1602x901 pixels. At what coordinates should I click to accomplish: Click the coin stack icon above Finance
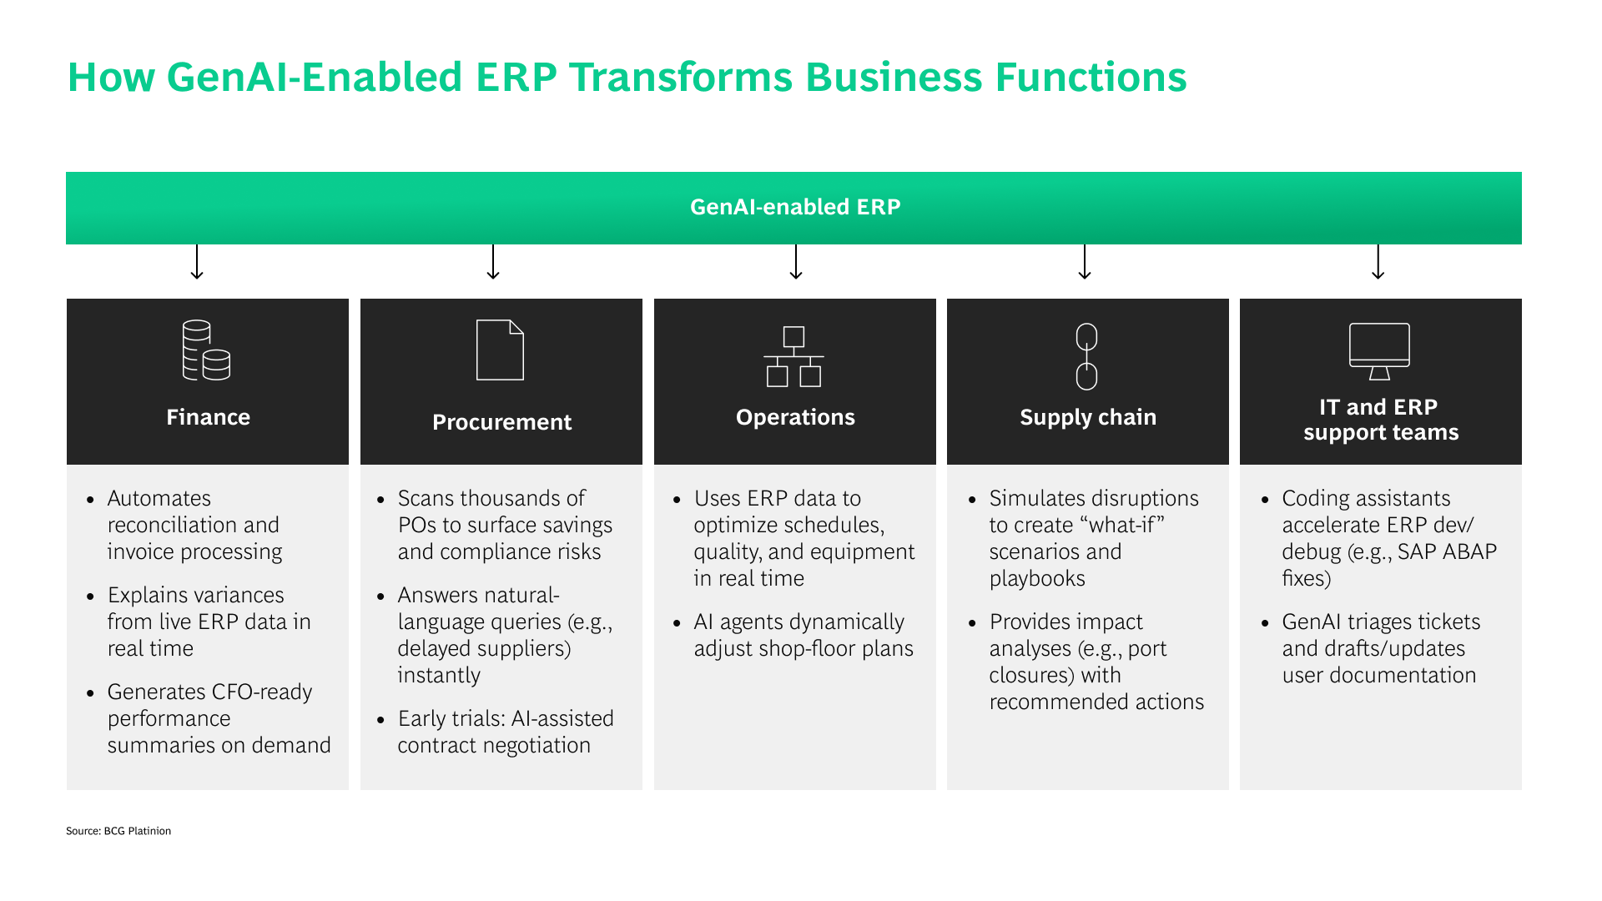coord(206,350)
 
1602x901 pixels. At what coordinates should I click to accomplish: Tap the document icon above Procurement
coord(500,350)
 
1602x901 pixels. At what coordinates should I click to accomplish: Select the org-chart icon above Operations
coord(793,357)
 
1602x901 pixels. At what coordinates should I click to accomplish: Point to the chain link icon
coord(1086,357)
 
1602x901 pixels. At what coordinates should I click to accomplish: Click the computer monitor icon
coord(1379,351)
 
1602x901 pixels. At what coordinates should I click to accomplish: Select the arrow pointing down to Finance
coord(197,262)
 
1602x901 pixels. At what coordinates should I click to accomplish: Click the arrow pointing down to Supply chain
coord(1085,262)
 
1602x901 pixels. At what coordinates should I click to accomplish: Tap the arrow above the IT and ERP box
coord(1378,262)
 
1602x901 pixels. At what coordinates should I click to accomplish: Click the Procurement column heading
coord(501,422)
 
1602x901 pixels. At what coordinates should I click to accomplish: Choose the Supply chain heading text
coord(1088,417)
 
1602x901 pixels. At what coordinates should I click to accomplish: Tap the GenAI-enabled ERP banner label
coord(795,207)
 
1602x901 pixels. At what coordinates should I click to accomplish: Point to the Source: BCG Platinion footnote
coord(118,831)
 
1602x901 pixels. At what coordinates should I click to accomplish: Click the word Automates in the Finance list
coord(159,499)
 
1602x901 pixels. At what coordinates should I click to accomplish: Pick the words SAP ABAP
coord(1447,552)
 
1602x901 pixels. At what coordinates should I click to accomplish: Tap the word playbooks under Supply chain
coord(1037,579)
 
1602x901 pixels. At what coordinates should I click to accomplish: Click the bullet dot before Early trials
coord(381,720)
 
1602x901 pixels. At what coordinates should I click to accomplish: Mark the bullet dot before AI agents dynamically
coord(678,623)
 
